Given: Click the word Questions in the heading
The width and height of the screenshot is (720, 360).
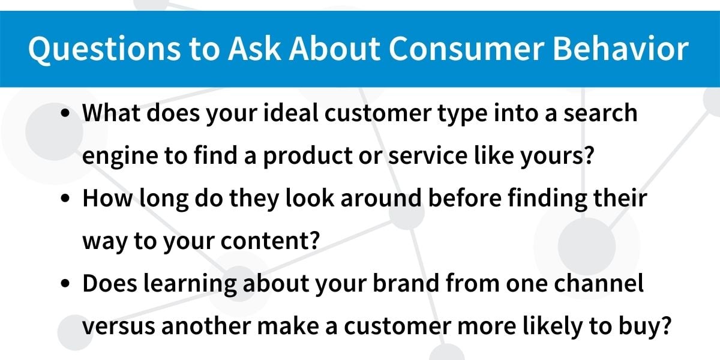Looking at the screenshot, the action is (x=104, y=49).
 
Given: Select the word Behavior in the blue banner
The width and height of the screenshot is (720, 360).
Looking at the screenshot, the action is (x=621, y=48).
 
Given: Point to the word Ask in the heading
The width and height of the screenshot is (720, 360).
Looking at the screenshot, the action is (x=254, y=48).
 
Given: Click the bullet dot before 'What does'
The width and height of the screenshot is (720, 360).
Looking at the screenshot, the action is (x=65, y=113).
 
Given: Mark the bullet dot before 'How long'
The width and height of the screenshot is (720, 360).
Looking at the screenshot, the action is (x=65, y=199).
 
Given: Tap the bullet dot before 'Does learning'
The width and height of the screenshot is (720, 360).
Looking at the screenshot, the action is (x=65, y=283).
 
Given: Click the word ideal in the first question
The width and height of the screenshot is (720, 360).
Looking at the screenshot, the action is (x=291, y=113).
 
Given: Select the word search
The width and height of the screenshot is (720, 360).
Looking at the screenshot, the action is (x=601, y=113).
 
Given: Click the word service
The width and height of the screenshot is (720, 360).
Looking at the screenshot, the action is (x=428, y=156).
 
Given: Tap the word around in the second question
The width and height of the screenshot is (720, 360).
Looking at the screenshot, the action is (x=381, y=198).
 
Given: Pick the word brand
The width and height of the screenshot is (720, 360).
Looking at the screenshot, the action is (x=406, y=283).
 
